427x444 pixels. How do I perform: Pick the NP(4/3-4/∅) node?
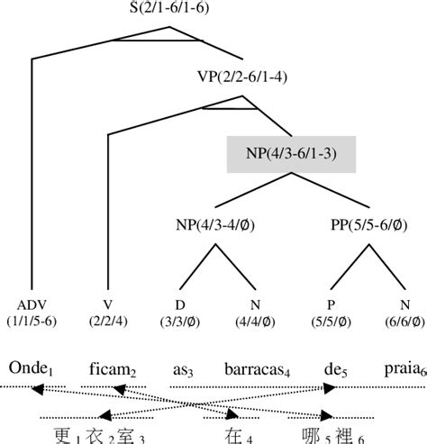click(213, 225)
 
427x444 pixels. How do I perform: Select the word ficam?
click(110, 367)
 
